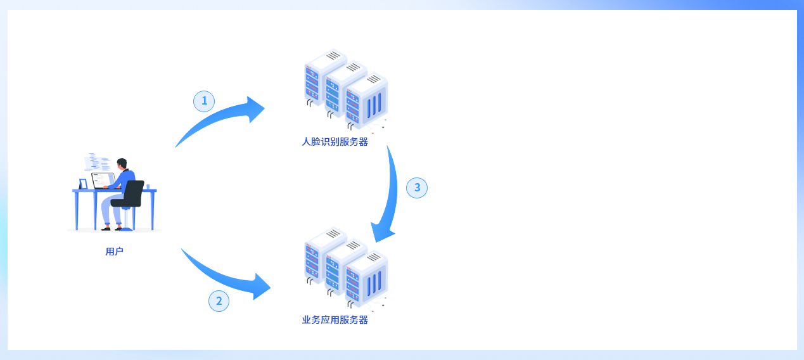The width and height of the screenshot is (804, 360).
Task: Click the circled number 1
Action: [204, 101]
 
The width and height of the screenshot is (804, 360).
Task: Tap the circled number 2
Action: [219, 301]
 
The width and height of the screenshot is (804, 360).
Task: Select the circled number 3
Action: [417, 188]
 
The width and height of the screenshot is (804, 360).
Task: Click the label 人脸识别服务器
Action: [335, 142]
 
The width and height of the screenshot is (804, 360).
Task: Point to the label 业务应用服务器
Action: [335, 320]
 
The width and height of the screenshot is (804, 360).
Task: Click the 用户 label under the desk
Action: [114, 251]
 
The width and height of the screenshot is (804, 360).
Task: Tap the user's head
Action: [122, 164]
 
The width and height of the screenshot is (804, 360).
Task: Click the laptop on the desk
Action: [103, 181]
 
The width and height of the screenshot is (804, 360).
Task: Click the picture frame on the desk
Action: [83, 184]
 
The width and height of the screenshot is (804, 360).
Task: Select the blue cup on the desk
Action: [148, 186]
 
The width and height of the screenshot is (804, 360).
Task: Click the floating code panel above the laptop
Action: [97, 162]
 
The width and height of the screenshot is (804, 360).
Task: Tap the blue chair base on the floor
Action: [126, 229]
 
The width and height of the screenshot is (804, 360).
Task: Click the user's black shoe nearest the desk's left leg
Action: [106, 229]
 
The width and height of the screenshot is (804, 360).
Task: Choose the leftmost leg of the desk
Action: [77, 210]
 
